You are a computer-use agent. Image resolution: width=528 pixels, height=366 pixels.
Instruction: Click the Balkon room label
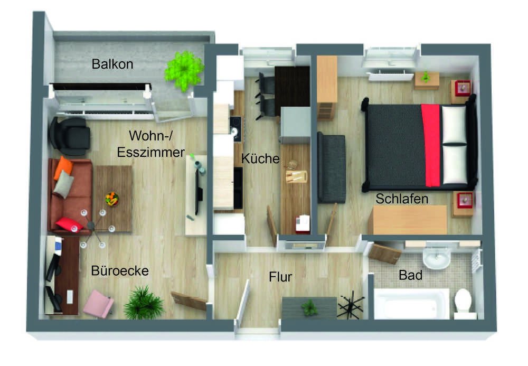[x=112, y=64]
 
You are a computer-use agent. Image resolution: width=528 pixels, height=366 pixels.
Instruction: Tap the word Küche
[x=260, y=158]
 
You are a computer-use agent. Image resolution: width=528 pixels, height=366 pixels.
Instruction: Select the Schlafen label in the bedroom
[x=402, y=199]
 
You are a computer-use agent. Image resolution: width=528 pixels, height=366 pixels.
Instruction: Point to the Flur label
[x=280, y=277]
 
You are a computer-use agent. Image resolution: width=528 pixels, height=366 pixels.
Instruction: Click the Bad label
[x=410, y=275]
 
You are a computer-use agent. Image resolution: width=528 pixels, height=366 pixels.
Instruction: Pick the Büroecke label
[x=120, y=271]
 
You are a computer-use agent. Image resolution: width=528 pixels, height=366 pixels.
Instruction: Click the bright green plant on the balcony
[x=184, y=71]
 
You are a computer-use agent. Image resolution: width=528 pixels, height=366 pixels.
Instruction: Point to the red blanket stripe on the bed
[x=431, y=145]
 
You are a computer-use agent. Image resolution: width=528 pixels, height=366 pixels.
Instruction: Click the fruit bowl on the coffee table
[x=112, y=199]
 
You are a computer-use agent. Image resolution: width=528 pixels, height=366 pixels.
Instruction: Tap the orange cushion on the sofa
[x=63, y=167]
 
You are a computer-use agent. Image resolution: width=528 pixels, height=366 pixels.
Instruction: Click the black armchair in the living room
[x=70, y=136]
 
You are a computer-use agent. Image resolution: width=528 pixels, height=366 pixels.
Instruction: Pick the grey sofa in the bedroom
[x=332, y=167]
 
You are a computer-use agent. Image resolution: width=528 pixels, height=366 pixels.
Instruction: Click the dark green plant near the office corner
[x=144, y=303]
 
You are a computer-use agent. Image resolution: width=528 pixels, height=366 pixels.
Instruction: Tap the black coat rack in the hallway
[x=351, y=305]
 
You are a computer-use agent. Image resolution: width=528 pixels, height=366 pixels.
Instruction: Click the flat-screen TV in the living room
[x=199, y=191]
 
